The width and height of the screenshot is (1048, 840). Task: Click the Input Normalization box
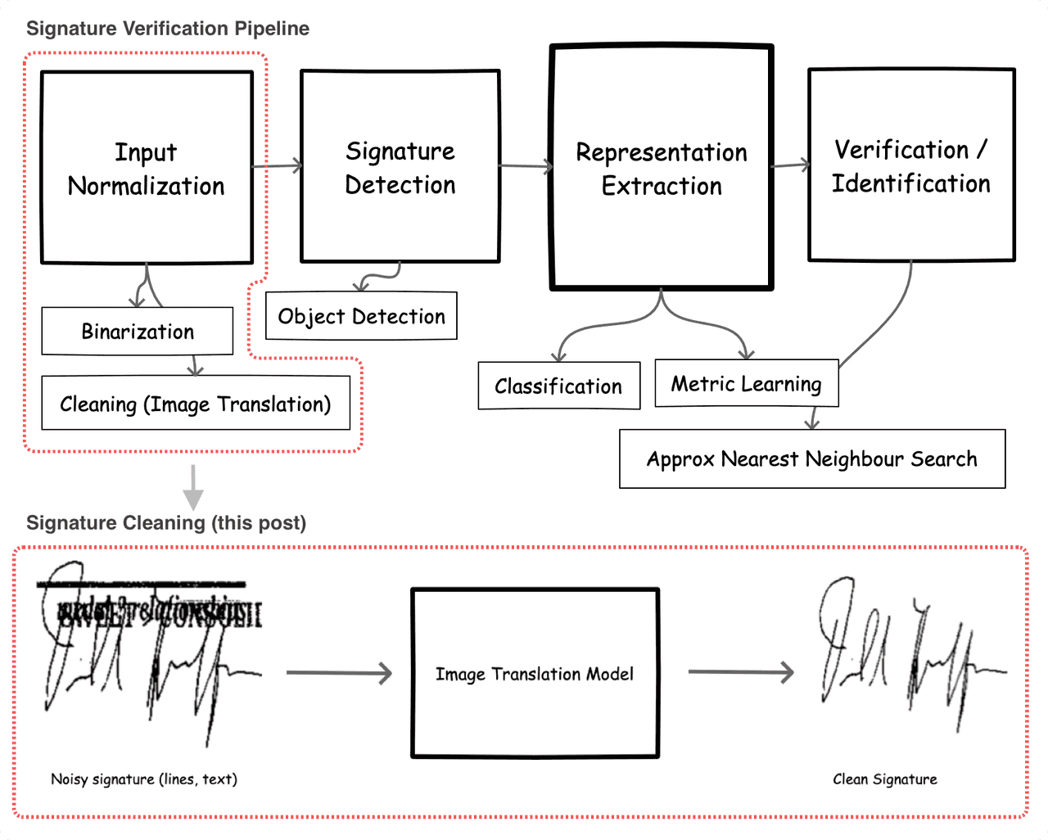[147, 168]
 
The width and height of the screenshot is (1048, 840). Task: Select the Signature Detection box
[400, 167]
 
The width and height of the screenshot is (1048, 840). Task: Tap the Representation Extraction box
[662, 168]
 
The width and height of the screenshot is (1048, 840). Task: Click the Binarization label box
[138, 332]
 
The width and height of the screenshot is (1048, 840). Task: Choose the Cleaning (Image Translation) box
[196, 404]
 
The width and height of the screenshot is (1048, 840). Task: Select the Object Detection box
[361, 316]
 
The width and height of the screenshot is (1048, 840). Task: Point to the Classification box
[558, 386]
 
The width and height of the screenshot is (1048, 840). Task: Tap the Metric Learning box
[746, 383]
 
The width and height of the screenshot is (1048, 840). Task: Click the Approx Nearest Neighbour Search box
[811, 458]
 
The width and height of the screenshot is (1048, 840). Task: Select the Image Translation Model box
[535, 674]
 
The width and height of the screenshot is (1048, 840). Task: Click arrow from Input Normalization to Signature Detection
[277, 166]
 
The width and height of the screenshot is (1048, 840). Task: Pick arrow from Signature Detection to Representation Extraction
[526, 167]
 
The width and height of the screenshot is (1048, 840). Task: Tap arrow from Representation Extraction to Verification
[790, 165]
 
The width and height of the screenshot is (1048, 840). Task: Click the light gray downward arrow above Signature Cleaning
[193, 487]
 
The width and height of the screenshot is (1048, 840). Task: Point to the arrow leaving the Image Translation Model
[741, 672]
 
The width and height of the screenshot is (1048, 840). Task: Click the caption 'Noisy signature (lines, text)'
[144, 779]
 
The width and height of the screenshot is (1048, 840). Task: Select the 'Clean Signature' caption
[885, 779]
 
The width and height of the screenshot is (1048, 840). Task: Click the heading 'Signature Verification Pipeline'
[168, 29]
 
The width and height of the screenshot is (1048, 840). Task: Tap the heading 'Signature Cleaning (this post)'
[166, 523]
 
